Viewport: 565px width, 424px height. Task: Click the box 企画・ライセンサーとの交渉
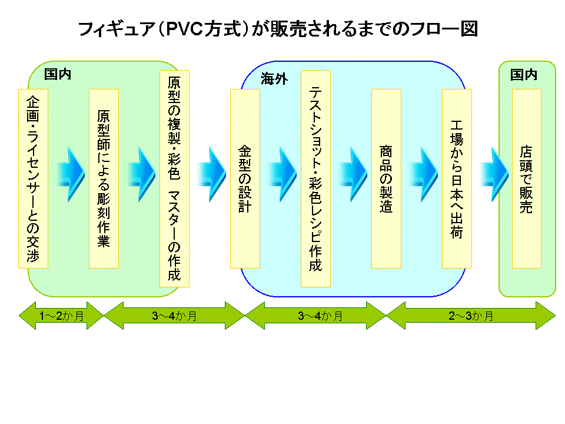click(33, 178)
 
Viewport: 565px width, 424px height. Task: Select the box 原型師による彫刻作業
click(104, 178)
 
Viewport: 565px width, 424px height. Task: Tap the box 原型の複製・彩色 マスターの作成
click(174, 178)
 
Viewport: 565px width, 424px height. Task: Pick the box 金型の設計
click(245, 178)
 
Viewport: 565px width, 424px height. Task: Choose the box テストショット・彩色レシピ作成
click(315, 178)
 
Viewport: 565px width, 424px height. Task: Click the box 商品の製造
click(386, 178)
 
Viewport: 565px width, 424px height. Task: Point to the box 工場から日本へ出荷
click(457, 178)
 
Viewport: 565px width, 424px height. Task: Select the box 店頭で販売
click(527, 178)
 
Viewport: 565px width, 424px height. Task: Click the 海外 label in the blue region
click(274, 79)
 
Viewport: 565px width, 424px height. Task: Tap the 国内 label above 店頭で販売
click(524, 75)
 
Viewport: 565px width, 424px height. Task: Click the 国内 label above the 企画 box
click(58, 75)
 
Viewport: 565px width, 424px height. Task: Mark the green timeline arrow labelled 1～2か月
click(61, 316)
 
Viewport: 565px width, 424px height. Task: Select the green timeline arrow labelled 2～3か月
click(471, 316)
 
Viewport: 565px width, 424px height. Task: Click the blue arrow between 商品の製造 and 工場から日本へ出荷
click(424, 167)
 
